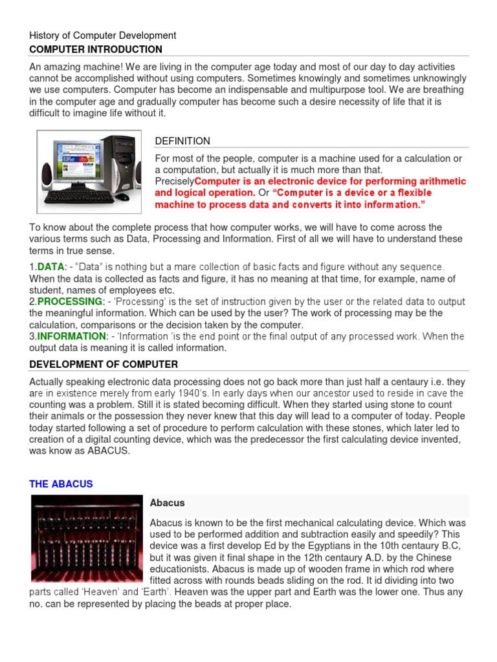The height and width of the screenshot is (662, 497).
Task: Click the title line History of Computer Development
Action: coord(102,36)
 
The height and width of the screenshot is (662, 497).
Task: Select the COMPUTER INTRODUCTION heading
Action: coord(96,50)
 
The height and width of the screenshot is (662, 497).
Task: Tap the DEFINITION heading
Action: coord(182,141)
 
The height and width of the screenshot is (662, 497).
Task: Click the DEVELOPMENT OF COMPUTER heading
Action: coord(104,365)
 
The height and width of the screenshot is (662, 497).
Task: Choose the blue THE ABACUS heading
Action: coord(61,484)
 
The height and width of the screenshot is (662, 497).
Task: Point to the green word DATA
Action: coord(49,267)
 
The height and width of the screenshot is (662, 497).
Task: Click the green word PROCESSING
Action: coord(70,302)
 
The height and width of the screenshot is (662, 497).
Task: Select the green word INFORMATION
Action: coord(71,336)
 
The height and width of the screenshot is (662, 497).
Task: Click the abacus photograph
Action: coord(86,538)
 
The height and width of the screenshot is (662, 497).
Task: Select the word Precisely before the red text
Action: coord(175,182)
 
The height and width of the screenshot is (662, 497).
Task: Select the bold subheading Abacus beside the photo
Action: coord(168,502)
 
